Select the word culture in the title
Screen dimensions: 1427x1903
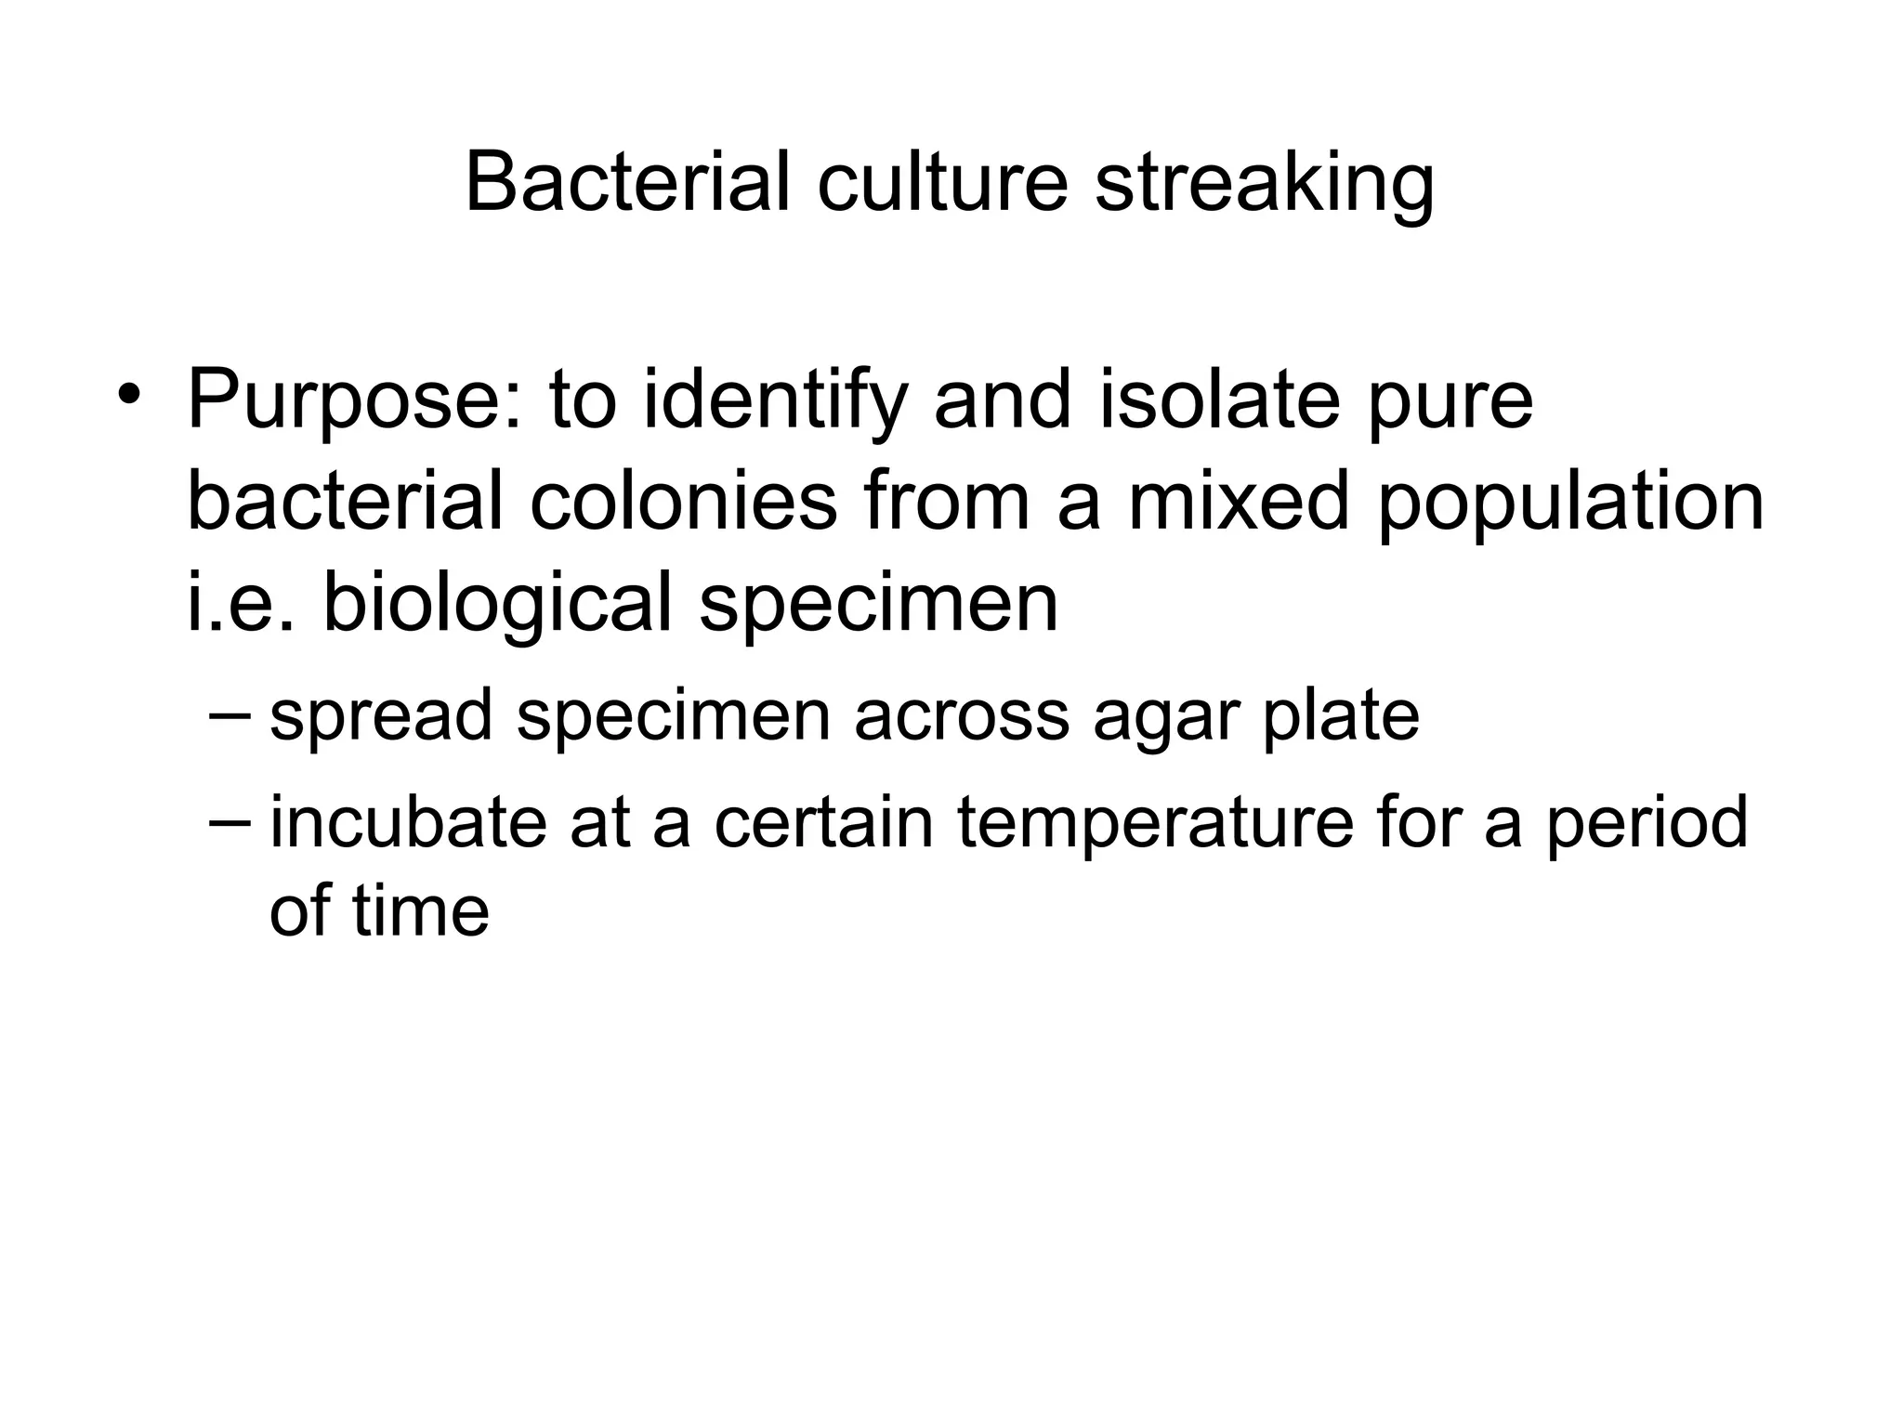click(942, 182)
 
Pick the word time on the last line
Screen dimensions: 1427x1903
click(420, 910)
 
